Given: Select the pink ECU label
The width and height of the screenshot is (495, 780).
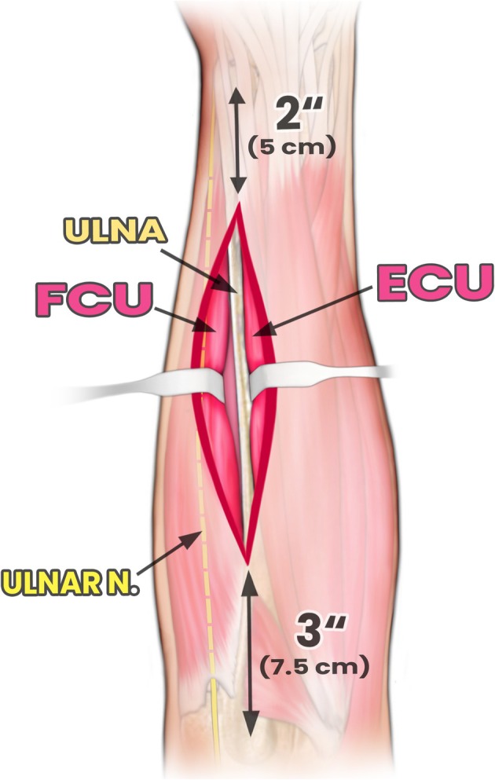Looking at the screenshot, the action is (434, 284).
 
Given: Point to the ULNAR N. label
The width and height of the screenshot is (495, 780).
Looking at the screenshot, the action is (68, 582).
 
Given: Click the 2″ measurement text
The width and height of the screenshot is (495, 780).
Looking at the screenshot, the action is (291, 115).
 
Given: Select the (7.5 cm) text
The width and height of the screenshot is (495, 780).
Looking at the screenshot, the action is (313, 668).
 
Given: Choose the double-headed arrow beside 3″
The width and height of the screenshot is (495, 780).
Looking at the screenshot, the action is (251, 652).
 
